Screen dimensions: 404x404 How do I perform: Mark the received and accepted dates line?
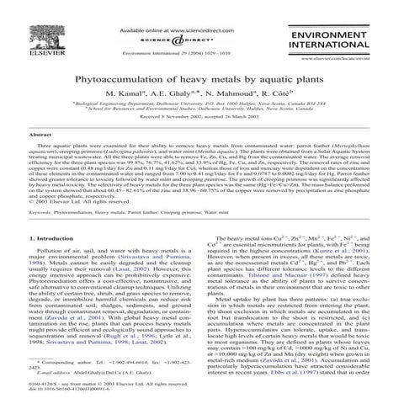click(202, 115)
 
